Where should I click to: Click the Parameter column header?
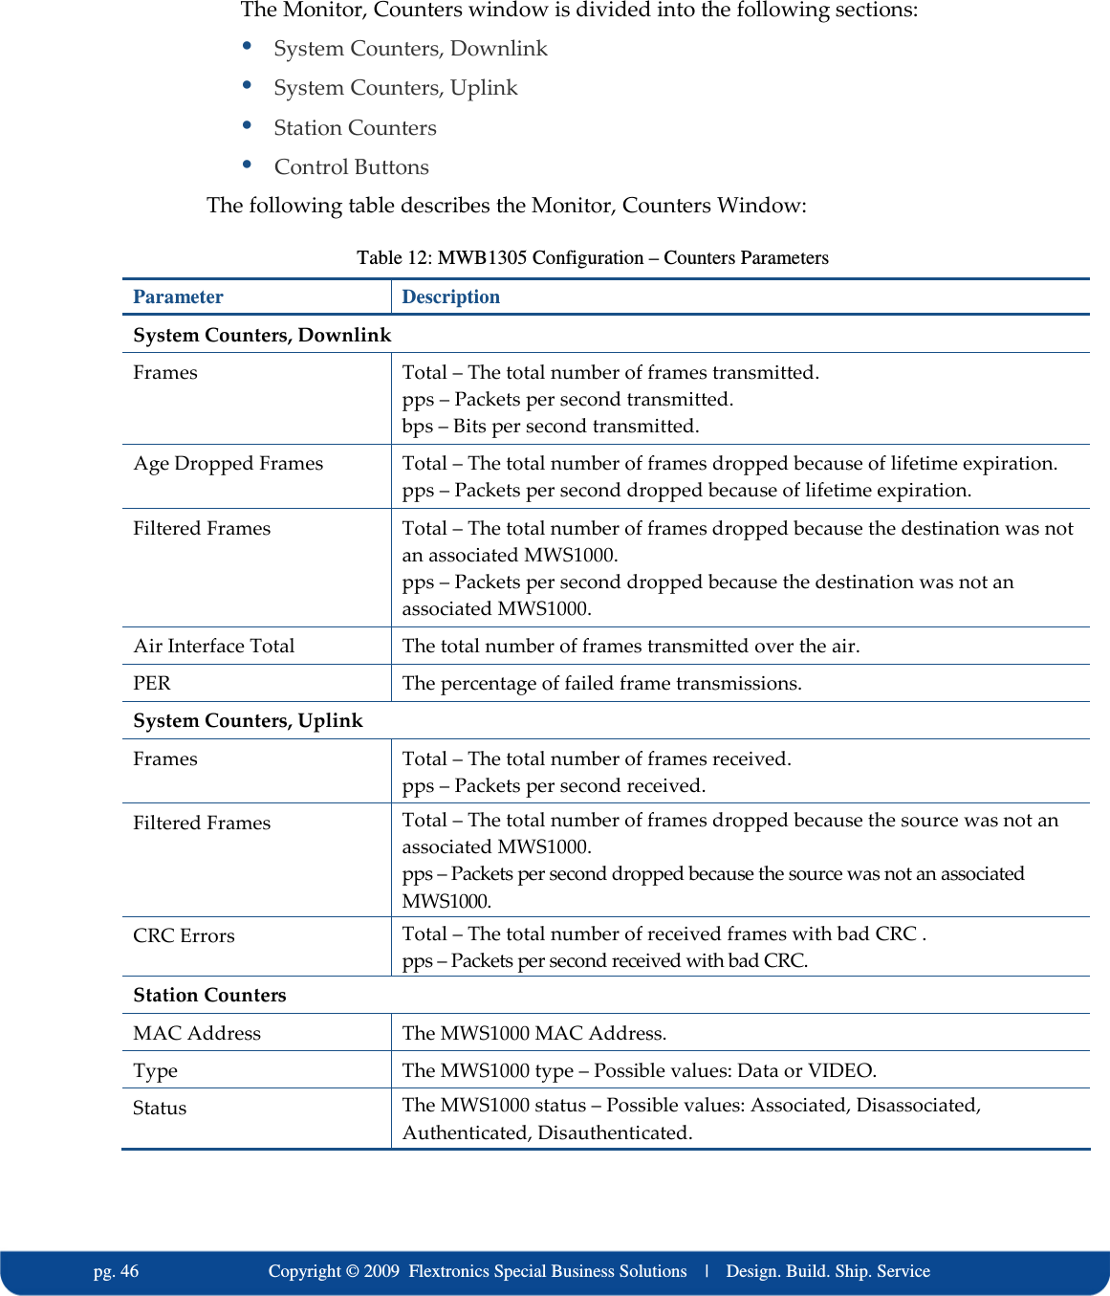pyautogui.click(x=178, y=297)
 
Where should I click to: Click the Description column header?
pyautogui.click(x=450, y=297)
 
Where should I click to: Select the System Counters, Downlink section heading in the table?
pyautogui.click(x=262, y=335)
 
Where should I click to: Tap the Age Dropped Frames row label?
pyautogui.click(x=228, y=463)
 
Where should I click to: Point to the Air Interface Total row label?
pyautogui.click(x=213, y=646)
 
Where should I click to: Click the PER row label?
pyautogui.click(x=151, y=683)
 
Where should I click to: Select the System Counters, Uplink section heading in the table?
pyautogui.click(x=248, y=720)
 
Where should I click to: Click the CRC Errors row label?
pyautogui.click(x=184, y=935)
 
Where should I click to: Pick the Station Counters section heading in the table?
pyautogui.click(x=209, y=995)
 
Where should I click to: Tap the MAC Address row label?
pyautogui.click(x=197, y=1033)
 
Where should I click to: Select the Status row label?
pyautogui.click(x=160, y=1108)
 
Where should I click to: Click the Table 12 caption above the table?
pyautogui.click(x=592, y=257)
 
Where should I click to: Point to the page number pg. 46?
pyautogui.click(x=116, y=1271)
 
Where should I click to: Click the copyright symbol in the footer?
pyautogui.click(x=352, y=1271)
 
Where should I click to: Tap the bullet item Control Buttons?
pyautogui.click(x=351, y=166)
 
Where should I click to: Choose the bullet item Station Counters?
pyautogui.click(x=355, y=127)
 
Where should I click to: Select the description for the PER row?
pyautogui.click(x=601, y=683)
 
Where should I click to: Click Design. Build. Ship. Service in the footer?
pyautogui.click(x=828, y=1271)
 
